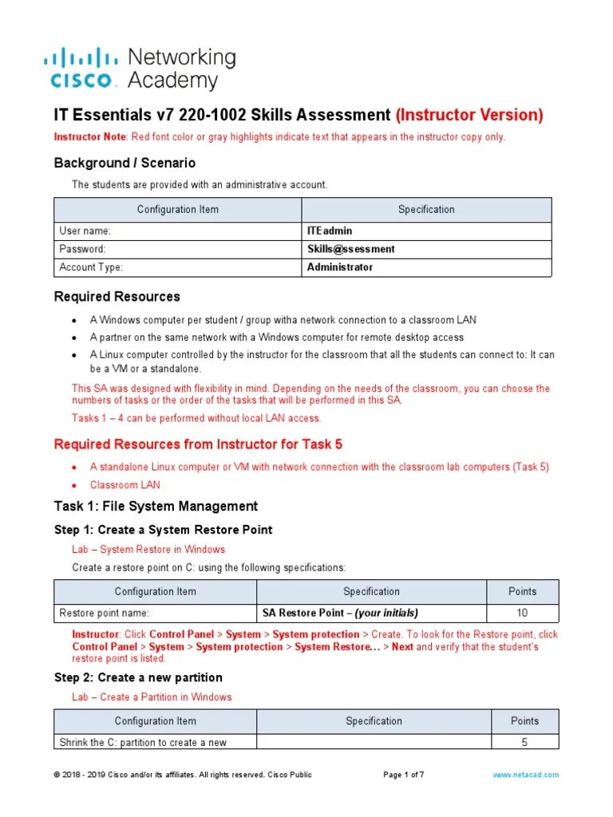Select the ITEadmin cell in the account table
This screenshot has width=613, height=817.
click(330, 231)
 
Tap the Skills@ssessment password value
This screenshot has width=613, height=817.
click(351, 249)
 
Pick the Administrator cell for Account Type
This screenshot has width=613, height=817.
click(340, 267)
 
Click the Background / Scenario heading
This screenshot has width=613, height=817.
click(125, 163)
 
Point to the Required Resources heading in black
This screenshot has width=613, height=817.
click(117, 297)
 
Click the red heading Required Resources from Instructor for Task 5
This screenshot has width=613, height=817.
click(198, 444)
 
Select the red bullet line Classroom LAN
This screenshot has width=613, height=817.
click(125, 484)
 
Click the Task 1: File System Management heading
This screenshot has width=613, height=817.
click(156, 506)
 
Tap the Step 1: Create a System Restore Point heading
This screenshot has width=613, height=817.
click(163, 530)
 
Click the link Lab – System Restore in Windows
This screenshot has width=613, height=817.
click(148, 549)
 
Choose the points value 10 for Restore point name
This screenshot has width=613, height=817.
click(523, 613)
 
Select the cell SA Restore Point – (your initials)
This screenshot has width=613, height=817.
click(340, 613)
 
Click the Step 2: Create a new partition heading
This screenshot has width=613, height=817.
click(138, 677)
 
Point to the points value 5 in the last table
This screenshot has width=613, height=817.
click(524, 742)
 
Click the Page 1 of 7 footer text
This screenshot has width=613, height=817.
click(404, 775)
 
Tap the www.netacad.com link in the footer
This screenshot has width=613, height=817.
click(525, 775)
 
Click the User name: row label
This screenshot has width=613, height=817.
click(85, 231)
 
